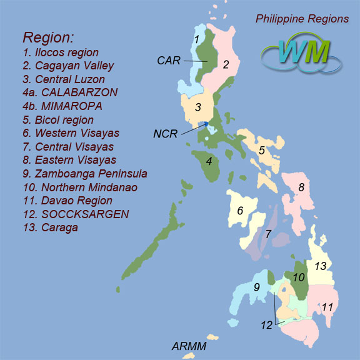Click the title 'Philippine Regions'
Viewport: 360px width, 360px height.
click(302, 19)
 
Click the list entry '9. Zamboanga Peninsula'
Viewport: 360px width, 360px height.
click(85, 173)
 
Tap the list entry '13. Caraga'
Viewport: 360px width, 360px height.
click(51, 227)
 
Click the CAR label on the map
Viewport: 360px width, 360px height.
click(169, 60)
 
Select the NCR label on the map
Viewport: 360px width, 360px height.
click(166, 133)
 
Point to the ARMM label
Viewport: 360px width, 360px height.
click(189, 346)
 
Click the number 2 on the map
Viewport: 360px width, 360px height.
click(226, 64)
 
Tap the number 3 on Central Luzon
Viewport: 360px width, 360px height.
click(197, 107)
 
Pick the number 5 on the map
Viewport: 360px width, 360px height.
click(262, 150)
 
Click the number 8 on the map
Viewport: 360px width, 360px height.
click(301, 186)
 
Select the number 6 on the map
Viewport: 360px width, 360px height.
click(239, 211)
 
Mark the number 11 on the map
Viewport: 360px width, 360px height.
click(327, 307)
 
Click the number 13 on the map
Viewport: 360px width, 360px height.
click(321, 266)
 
